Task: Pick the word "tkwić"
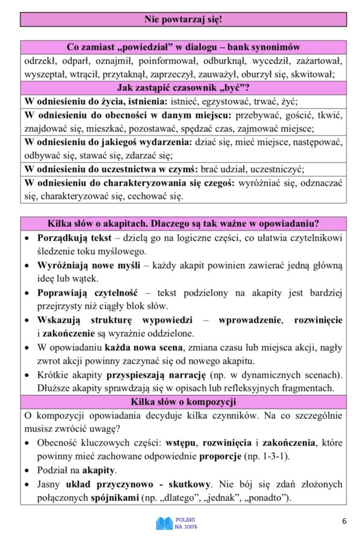pyautogui.click(x=328, y=115)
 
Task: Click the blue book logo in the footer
pyautogui.click(x=164, y=523)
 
